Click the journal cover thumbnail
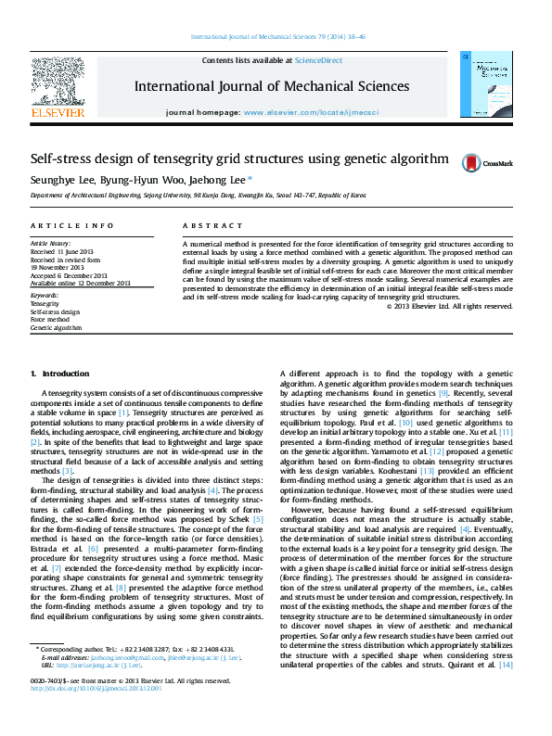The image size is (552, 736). coord(488,84)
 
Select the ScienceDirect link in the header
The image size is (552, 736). coord(318,60)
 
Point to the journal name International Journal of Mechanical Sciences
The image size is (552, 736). coord(271,86)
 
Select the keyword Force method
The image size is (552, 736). coord(49,320)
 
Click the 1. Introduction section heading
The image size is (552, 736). coord(60,373)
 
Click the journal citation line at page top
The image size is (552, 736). coord(277,37)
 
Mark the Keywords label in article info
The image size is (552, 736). coord(45,295)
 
